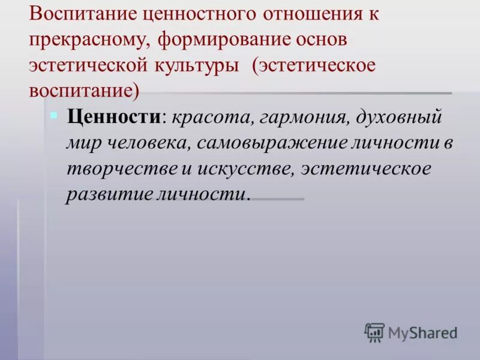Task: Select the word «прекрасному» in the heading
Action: [90, 40]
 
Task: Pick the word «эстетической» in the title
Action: [85, 65]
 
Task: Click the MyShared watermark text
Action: [422, 332]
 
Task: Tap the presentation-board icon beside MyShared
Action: [374, 332]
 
